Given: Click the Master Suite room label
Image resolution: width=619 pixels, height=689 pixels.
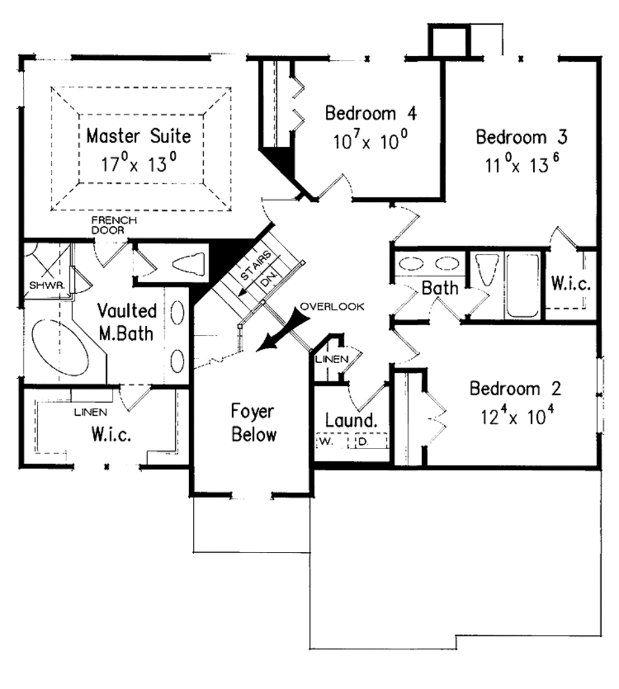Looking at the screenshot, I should pos(138,135).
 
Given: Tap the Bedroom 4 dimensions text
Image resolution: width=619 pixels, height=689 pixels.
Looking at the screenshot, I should pos(370,141).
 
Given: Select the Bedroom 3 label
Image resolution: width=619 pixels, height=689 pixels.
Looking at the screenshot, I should pos(521,137).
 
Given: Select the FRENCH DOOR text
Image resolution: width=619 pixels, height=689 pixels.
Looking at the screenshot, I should pos(114,225).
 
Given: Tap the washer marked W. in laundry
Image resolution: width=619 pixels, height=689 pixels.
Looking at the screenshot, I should pos(326,441).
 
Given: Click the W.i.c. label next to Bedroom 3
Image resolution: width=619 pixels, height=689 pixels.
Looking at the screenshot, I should pos(571,284).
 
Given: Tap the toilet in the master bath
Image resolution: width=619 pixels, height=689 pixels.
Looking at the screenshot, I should pos(188,265).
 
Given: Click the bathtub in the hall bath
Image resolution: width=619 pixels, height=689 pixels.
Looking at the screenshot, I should pos(522,284).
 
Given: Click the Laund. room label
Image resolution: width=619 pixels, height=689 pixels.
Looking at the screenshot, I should pos(351,419).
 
